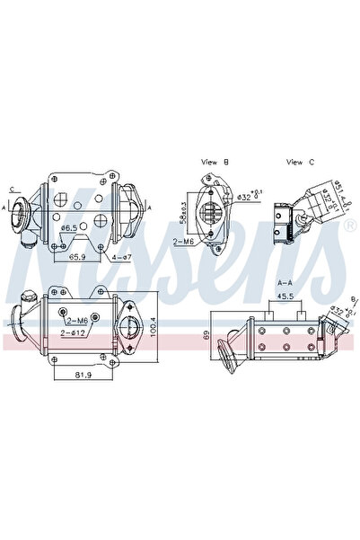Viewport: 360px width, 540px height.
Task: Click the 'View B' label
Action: [x=215, y=162]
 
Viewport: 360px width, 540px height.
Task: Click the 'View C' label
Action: [x=298, y=162]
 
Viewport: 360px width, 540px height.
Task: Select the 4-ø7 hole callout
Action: [x=123, y=257]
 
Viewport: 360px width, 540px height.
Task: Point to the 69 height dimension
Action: [x=206, y=334]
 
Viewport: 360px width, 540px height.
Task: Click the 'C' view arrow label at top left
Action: [x=12, y=189]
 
